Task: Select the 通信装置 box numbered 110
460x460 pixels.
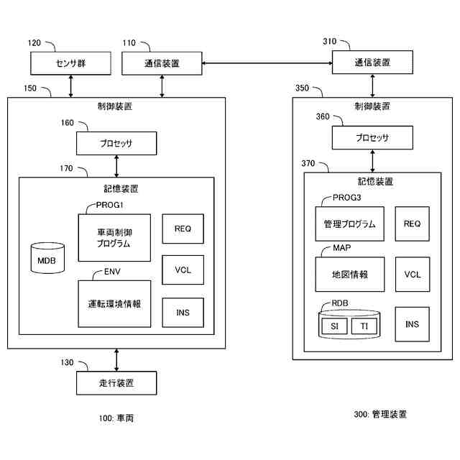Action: click(162, 64)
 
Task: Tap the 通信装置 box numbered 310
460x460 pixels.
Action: click(372, 63)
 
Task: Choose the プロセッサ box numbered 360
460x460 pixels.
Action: click(372, 138)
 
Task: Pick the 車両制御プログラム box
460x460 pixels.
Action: click(114, 238)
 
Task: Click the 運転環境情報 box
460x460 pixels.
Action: click(114, 303)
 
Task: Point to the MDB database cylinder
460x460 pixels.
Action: click(47, 258)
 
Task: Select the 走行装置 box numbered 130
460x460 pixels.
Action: click(116, 382)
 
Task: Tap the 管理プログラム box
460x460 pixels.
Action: click(349, 224)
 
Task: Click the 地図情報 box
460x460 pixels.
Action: click(349, 275)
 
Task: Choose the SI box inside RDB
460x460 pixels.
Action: click(334, 326)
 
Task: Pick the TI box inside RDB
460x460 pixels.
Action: click(364, 326)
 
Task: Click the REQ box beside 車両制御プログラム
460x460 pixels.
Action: click(183, 229)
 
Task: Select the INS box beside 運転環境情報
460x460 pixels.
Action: click(183, 312)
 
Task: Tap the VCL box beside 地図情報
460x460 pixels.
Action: click(412, 275)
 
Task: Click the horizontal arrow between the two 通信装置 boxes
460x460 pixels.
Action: click(267, 64)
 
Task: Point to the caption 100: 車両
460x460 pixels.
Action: click(116, 418)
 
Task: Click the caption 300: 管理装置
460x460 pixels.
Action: click(380, 414)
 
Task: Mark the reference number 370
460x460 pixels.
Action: click(310, 164)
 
